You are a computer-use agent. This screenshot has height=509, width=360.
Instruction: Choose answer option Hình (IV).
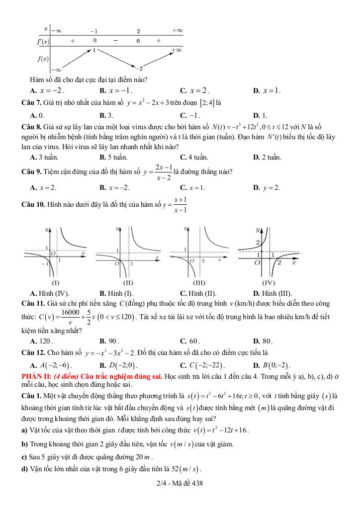53,293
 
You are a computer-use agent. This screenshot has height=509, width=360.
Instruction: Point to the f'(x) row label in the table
43,41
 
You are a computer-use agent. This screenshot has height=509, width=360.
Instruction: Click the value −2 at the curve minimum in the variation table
140,68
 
